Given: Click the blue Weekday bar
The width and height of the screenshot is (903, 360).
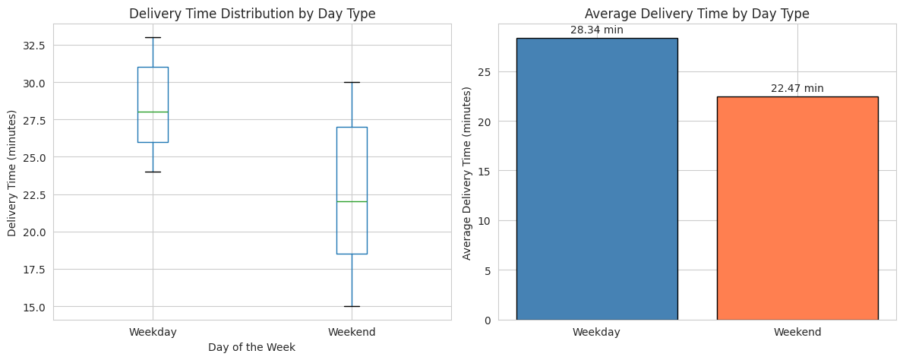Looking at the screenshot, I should [x=596, y=178].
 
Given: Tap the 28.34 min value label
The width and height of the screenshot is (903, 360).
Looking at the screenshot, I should [x=596, y=30].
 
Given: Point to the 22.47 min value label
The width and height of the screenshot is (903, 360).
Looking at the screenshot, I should [x=797, y=88].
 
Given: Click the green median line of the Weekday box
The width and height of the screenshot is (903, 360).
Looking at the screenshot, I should [x=153, y=112].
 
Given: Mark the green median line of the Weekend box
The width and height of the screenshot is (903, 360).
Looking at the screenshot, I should [x=352, y=201].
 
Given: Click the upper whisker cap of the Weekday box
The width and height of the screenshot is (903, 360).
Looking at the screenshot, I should [x=153, y=37].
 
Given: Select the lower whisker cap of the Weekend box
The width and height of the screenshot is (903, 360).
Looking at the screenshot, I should [x=352, y=306].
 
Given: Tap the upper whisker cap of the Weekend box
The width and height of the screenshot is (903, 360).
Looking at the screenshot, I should [x=352, y=82].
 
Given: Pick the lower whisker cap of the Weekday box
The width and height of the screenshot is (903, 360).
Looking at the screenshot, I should [x=153, y=172].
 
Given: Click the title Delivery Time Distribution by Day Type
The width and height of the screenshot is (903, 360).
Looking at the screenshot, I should [x=252, y=14].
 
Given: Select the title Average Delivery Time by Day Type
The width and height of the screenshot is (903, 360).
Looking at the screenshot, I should [x=696, y=14].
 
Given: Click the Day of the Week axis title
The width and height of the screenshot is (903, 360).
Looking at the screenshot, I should [x=251, y=347].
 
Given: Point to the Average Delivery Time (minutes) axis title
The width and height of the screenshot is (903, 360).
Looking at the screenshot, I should [x=467, y=172].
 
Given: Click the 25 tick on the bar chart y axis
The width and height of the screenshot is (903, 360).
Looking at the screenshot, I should [x=484, y=72].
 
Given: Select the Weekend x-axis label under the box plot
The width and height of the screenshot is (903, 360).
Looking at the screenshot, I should [x=352, y=332].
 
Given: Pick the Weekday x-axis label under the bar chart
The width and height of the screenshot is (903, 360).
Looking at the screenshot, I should [x=596, y=332].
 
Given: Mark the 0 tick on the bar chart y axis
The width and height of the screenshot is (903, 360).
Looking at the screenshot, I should [x=487, y=320].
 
